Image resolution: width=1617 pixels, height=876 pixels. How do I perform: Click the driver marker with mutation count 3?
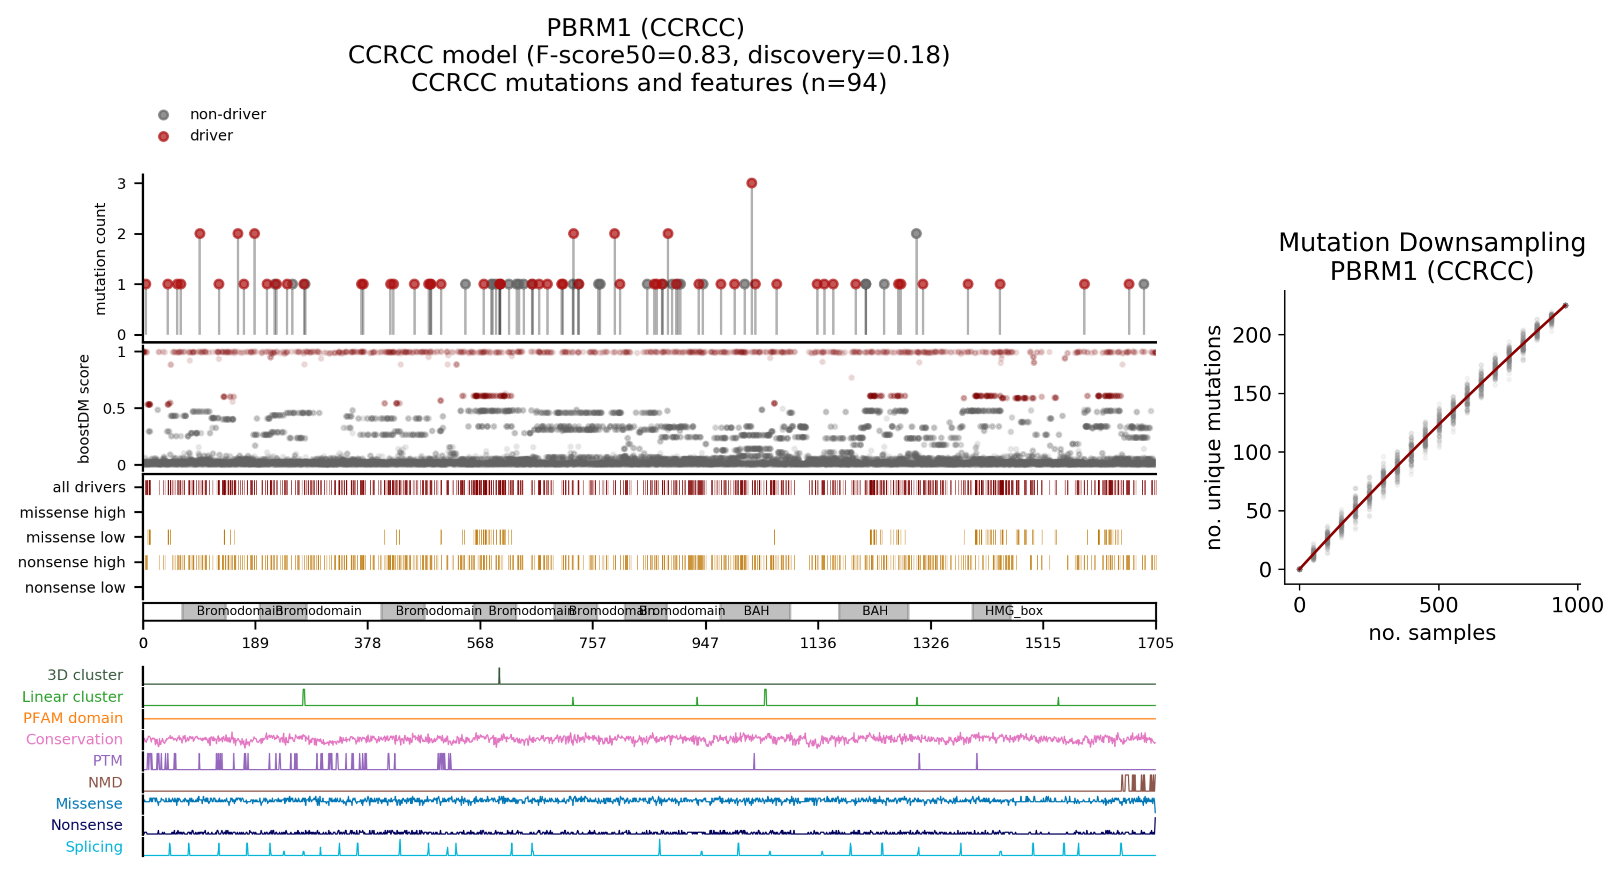(751, 183)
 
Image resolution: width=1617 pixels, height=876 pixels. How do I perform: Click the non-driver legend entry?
(227, 114)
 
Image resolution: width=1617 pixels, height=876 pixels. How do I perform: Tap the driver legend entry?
(211, 136)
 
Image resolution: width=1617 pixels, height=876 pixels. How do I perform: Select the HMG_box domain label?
(1013, 611)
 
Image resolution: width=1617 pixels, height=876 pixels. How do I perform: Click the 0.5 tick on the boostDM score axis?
(114, 409)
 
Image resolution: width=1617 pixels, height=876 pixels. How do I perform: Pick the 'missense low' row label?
(75, 537)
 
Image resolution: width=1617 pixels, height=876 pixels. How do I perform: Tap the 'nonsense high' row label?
(72, 562)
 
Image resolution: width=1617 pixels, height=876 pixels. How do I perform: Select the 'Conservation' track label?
(74, 739)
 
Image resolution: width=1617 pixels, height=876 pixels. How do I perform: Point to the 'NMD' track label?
(105, 783)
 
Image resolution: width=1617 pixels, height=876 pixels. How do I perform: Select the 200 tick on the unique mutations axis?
(1252, 335)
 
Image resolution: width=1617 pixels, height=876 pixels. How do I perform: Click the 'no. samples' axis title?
(1432, 633)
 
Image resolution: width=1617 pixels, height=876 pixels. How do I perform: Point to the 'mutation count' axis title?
(100, 259)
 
